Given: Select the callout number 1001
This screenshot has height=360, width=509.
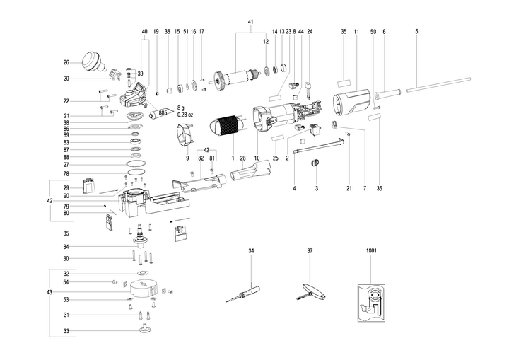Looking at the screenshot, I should pos(372,251).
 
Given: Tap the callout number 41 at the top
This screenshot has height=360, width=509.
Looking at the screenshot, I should pos(251,22).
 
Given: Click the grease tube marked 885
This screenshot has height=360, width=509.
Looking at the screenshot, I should pos(157,111).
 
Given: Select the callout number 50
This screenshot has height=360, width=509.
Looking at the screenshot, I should pos(373,32).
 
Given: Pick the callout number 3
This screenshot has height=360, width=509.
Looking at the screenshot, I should pos(316,188).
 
